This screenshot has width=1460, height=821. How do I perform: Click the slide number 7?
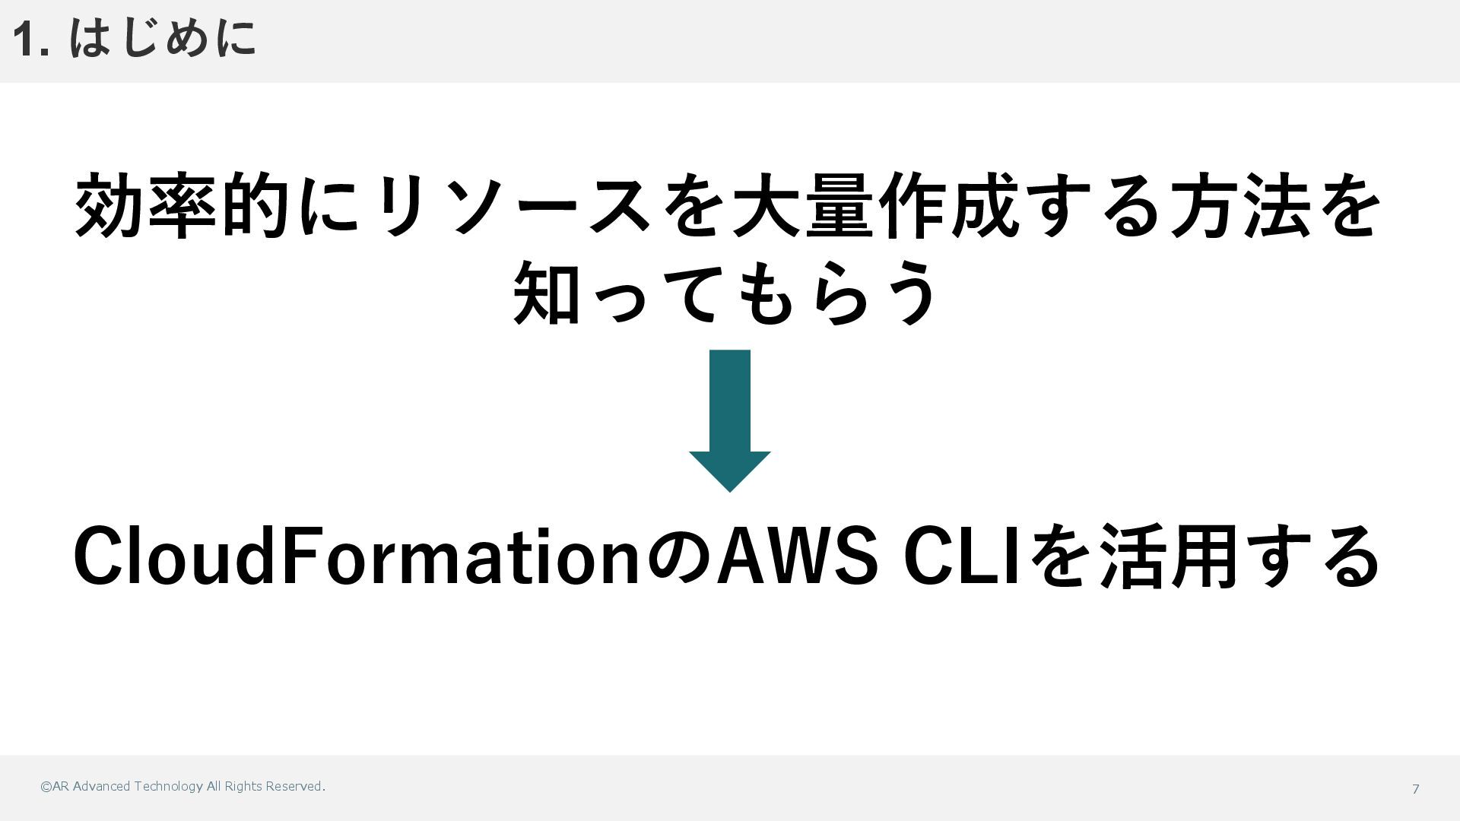click(x=1415, y=789)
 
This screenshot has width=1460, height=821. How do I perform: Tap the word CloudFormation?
click(x=357, y=557)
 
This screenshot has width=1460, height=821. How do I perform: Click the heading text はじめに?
click(x=163, y=38)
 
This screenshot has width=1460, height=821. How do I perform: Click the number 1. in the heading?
click(x=31, y=40)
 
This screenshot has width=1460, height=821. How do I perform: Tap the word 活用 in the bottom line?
click(x=1168, y=557)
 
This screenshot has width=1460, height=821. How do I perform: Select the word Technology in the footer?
click(x=168, y=787)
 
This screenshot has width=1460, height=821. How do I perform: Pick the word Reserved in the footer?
click(x=294, y=787)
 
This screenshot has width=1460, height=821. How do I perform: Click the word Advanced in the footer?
click(x=101, y=787)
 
